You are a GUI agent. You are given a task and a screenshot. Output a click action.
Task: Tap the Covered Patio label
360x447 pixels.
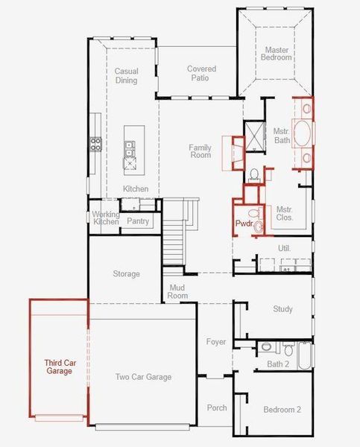tap(201, 74)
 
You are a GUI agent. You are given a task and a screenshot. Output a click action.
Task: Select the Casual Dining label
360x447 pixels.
tap(126, 76)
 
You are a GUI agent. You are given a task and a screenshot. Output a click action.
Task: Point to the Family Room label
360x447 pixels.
tap(200, 152)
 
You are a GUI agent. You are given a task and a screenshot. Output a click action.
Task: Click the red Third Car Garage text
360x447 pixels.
tap(59, 367)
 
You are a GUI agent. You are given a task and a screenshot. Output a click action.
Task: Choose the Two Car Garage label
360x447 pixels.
tap(143, 377)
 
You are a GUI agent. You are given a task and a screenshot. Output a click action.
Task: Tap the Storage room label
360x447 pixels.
tap(126, 274)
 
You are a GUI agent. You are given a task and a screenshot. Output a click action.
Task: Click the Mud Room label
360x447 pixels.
tap(177, 291)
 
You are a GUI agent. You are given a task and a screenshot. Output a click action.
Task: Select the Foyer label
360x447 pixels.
tap(216, 342)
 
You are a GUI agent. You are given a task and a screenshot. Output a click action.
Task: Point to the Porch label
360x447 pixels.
tap(217, 408)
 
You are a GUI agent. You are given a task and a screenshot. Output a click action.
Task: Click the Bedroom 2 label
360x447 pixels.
tap(282, 410)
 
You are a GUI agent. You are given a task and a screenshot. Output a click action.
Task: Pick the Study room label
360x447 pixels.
tap(282, 309)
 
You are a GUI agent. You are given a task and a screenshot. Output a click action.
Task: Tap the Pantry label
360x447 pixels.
tap(138, 221)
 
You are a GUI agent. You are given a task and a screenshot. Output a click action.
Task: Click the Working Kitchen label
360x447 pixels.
tap(105, 218)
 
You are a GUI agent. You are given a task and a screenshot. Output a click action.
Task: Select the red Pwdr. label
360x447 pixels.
tap(244, 223)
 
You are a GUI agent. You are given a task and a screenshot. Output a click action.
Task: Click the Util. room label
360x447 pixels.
tap(283, 248)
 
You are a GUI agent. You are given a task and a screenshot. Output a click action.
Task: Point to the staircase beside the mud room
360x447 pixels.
tap(174, 242)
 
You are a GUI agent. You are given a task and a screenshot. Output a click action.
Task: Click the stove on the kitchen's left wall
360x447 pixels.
tap(95, 143)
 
